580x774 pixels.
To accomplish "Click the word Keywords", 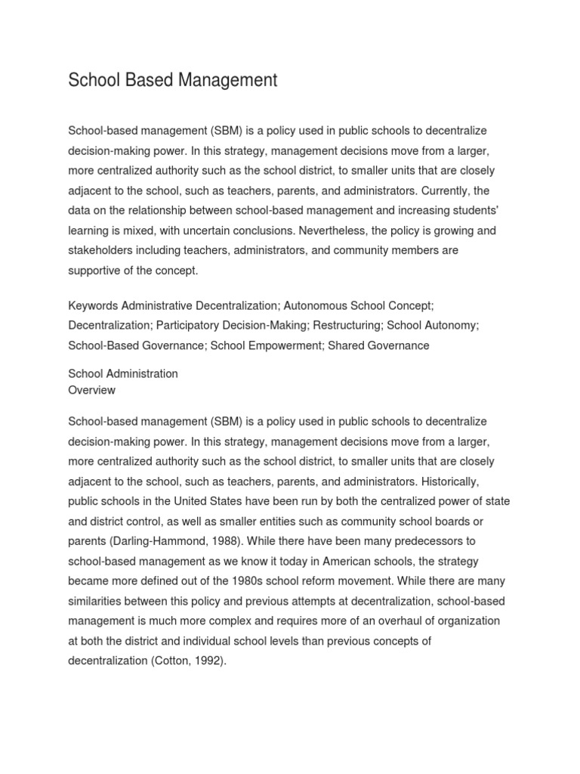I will [x=94, y=306].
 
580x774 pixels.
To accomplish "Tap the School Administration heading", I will [x=123, y=373].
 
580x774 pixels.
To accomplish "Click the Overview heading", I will [x=91, y=390].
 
